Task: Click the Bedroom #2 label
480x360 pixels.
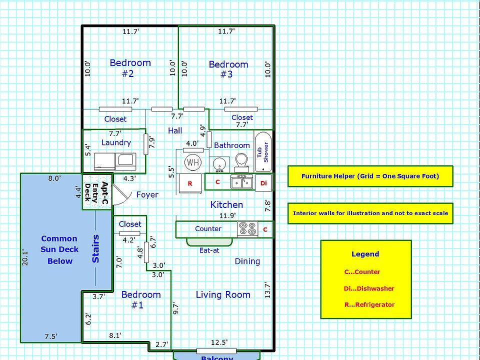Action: [129, 68]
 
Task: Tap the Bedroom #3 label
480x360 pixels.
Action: [228, 69]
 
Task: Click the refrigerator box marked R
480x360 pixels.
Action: [190, 183]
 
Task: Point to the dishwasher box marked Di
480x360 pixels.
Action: [263, 183]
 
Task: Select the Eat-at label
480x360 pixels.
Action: [209, 250]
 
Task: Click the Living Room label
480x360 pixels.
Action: [222, 294]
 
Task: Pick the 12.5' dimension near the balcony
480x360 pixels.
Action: [219, 342]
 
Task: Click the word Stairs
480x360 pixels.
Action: [96, 248]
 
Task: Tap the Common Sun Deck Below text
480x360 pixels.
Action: [59, 249]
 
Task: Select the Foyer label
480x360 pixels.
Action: [147, 194]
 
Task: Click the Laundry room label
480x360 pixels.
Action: [116, 142]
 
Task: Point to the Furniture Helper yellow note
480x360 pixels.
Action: [370, 176]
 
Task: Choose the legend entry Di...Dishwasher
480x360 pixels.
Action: [369, 288]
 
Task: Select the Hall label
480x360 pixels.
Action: [175, 130]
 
